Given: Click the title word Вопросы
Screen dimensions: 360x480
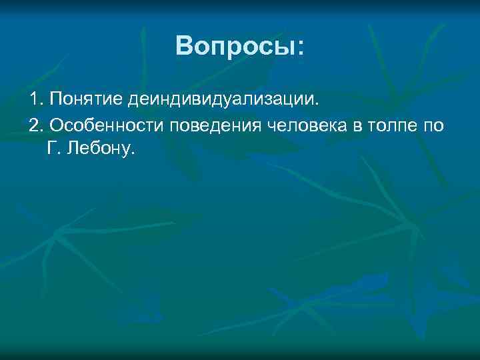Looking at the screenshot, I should tap(234, 46).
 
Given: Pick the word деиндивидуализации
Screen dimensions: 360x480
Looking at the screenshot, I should tap(223, 100).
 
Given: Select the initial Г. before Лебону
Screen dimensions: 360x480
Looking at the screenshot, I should tap(53, 148).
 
